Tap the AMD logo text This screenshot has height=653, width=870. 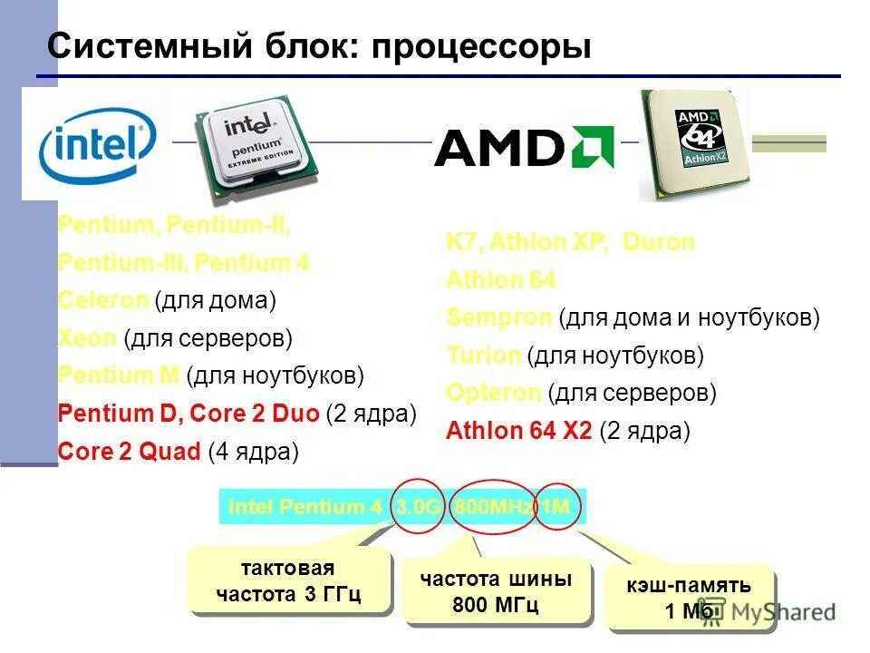pos(524,147)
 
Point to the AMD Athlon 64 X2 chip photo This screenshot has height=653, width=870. pos(695,142)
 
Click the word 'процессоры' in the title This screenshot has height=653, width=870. pos(480,46)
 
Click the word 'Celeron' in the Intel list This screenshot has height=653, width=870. pos(102,299)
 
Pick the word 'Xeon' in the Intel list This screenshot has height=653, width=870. pos(87,338)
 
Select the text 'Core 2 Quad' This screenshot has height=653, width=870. pos(129,451)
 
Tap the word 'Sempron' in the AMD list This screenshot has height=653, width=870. pos(498,317)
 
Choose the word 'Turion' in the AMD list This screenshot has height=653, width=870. pos(483,356)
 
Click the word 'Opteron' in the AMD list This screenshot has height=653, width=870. pos(494,394)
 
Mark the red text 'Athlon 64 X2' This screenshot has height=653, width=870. pos(518,431)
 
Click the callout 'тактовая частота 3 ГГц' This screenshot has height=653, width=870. pos(288,581)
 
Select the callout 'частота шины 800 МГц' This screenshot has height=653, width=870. pos(496,591)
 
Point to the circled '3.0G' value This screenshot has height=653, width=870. pos(418,507)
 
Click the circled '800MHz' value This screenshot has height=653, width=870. pos(492,507)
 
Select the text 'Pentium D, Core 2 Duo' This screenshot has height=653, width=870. pos(188,414)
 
